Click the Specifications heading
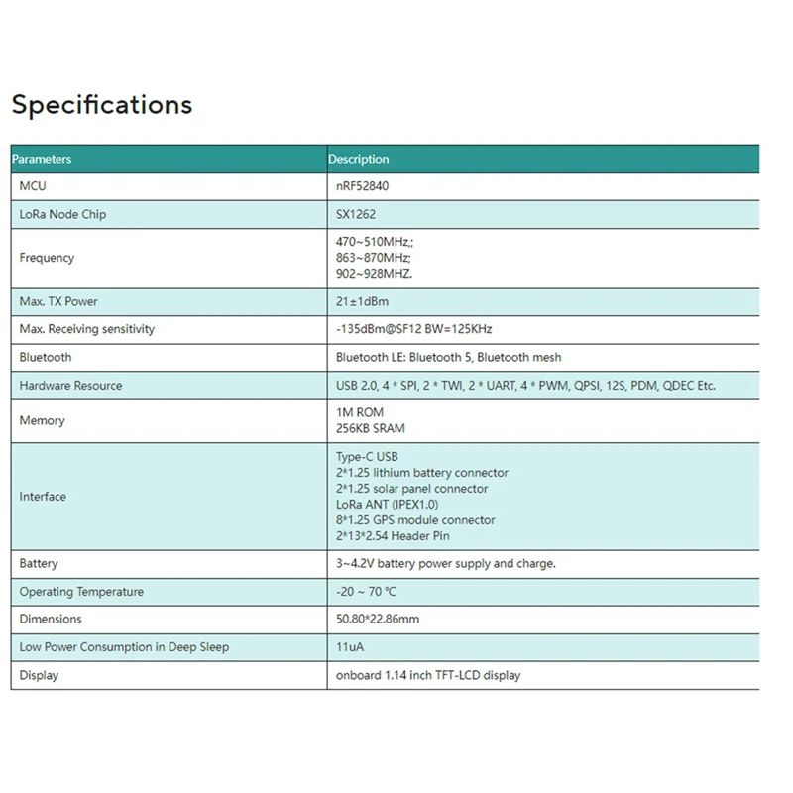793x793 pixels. pyautogui.click(x=101, y=104)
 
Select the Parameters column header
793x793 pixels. pyautogui.click(x=42, y=159)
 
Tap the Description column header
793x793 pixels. pyautogui.click(x=359, y=159)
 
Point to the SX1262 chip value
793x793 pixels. pyautogui.click(x=356, y=214)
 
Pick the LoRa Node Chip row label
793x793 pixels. pyautogui.click(x=62, y=214)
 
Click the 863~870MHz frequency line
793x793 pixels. pyautogui.click(x=374, y=258)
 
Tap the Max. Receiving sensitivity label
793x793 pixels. pyautogui.click(x=87, y=329)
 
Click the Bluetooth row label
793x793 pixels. pyautogui.click(x=46, y=357)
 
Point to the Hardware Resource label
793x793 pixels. pyautogui.click(x=70, y=386)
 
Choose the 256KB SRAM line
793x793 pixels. pyautogui.click(x=371, y=428)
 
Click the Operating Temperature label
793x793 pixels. pyautogui.click(x=81, y=592)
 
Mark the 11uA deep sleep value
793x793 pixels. pyautogui.click(x=350, y=647)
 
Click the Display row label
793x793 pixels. pyautogui.click(x=39, y=675)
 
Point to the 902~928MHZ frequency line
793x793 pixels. pyautogui.click(x=375, y=274)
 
